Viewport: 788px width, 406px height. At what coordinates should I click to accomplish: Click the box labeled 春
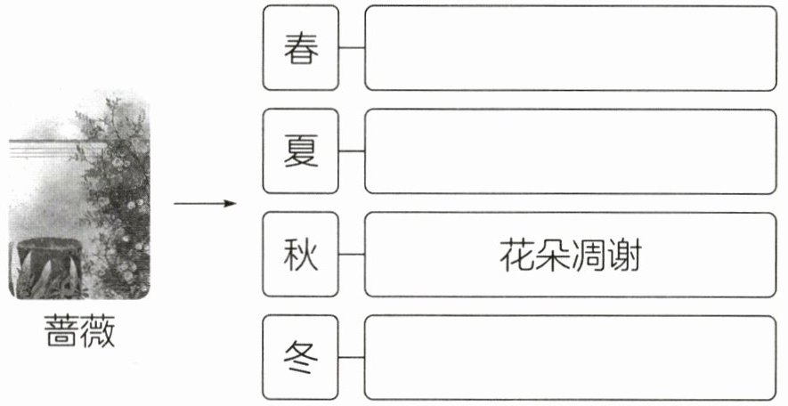pos(302,48)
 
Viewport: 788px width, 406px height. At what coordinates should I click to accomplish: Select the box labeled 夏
pos(302,151)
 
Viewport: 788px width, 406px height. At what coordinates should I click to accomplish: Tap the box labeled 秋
pos(302,255)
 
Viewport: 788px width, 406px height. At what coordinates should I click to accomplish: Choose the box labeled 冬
pos(302,358)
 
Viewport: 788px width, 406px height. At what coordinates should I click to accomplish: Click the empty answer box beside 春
pos(570,48)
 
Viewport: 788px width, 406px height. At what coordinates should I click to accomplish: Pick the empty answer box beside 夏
pos(570,151)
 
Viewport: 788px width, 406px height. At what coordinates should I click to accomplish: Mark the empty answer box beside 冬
pos(570,358)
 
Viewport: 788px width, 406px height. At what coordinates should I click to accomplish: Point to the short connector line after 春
pos(353,48)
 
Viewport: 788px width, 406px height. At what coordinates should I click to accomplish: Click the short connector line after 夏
pos(353,151)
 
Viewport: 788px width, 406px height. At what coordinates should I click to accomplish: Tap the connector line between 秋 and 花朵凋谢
pos(353,255)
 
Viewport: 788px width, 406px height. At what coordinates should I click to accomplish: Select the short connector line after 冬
pos(353,358)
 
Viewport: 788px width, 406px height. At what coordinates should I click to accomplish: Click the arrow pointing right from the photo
pos(205,204)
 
